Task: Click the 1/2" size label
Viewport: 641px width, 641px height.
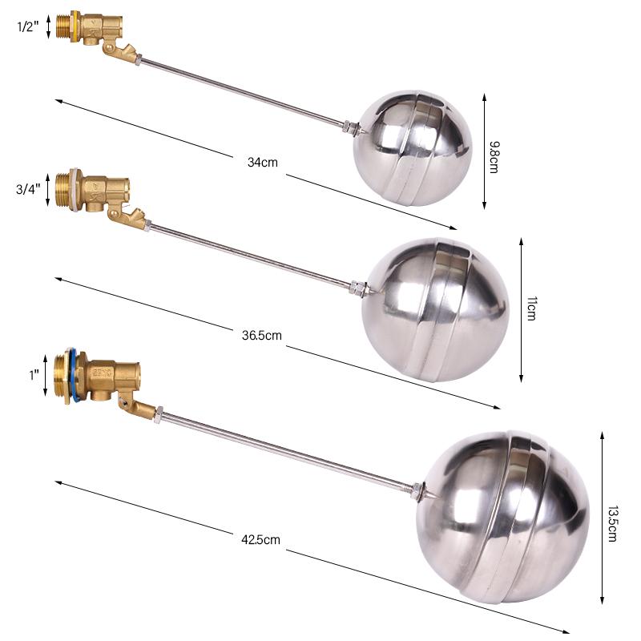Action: tap(29, 26)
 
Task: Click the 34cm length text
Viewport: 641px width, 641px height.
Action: tap(262, 162)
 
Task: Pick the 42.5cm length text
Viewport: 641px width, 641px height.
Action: tap(261, 539)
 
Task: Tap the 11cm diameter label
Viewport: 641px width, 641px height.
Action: tap(530, 308)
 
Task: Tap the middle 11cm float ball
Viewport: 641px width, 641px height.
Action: tap(434, 308)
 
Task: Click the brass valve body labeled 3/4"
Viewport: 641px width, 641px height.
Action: tap(100, 192)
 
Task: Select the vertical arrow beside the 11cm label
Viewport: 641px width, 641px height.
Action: tap(521, 308)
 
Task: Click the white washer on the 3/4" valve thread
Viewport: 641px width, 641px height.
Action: tap(75, 191)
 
